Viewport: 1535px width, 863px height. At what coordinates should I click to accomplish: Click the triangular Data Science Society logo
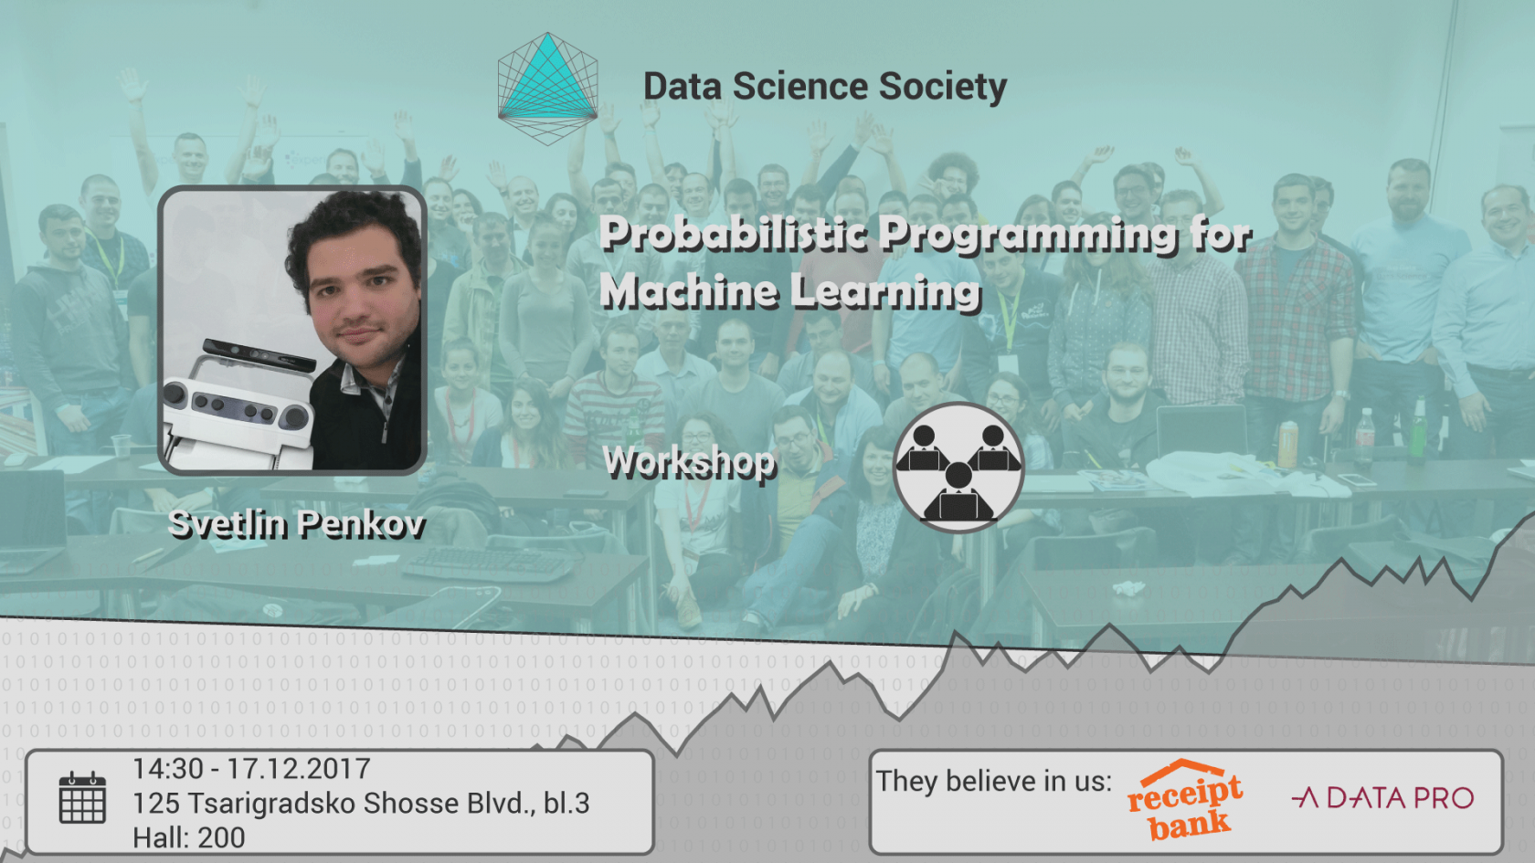click(547, 89)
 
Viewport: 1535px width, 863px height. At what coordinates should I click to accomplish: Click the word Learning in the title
click(885, 292)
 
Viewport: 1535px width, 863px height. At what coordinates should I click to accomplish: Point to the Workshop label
click(690, 463)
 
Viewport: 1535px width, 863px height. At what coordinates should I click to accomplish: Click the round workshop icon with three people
click(958, 467)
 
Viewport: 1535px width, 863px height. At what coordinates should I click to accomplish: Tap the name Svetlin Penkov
click(297, 524)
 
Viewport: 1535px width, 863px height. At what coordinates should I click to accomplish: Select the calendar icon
click(82, 798)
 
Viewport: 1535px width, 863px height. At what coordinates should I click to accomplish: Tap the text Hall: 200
click(189, 837)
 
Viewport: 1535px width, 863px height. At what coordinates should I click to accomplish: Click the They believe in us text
click(994, 782)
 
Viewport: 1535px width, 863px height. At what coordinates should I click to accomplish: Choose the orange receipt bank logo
click(1184, 799)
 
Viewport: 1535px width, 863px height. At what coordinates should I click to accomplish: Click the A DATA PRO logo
click(1382, 798)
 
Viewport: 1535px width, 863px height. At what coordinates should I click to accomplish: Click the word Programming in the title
click(1029, 235)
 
